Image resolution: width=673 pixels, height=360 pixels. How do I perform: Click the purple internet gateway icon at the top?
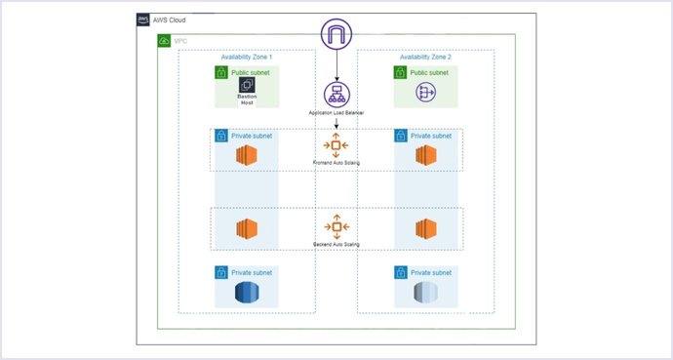click(336, 37)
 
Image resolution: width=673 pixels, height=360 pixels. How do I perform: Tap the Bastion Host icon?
click(246, 87)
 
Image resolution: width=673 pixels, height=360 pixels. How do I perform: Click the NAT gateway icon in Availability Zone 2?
click(425, 93)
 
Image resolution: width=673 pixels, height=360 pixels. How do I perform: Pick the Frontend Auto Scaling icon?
click(336, 146)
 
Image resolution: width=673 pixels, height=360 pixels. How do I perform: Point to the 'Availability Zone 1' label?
click(246, 58)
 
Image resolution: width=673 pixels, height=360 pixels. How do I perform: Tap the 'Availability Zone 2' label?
click(425, 58)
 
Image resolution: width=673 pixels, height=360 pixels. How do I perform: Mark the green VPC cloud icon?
click(164, 40)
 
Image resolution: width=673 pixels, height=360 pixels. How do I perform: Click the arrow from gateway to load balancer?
click(336, 68)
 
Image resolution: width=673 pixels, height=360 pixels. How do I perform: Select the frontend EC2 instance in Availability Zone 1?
click(246, 156)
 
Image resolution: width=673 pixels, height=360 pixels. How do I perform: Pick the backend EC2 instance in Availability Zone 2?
click(425, 229)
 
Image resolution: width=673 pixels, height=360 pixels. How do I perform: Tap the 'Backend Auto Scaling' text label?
click(336, 243)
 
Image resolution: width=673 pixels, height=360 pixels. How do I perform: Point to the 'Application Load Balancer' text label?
click(336, 113)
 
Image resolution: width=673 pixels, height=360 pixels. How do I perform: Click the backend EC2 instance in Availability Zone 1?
click(246, 229)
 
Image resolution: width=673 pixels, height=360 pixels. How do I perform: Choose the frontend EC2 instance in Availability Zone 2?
click(425, 156)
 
